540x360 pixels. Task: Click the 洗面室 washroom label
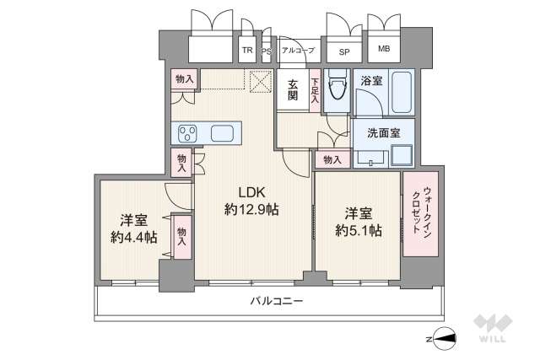[x=376, y=132]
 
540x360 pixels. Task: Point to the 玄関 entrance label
[x=292, y=90]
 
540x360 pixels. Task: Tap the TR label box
[x=247, y=51]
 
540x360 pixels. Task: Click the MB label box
[x=384, y=51]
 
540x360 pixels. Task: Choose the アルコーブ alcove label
[x=298, y=51]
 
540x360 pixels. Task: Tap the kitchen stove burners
[x=186, y=132]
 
